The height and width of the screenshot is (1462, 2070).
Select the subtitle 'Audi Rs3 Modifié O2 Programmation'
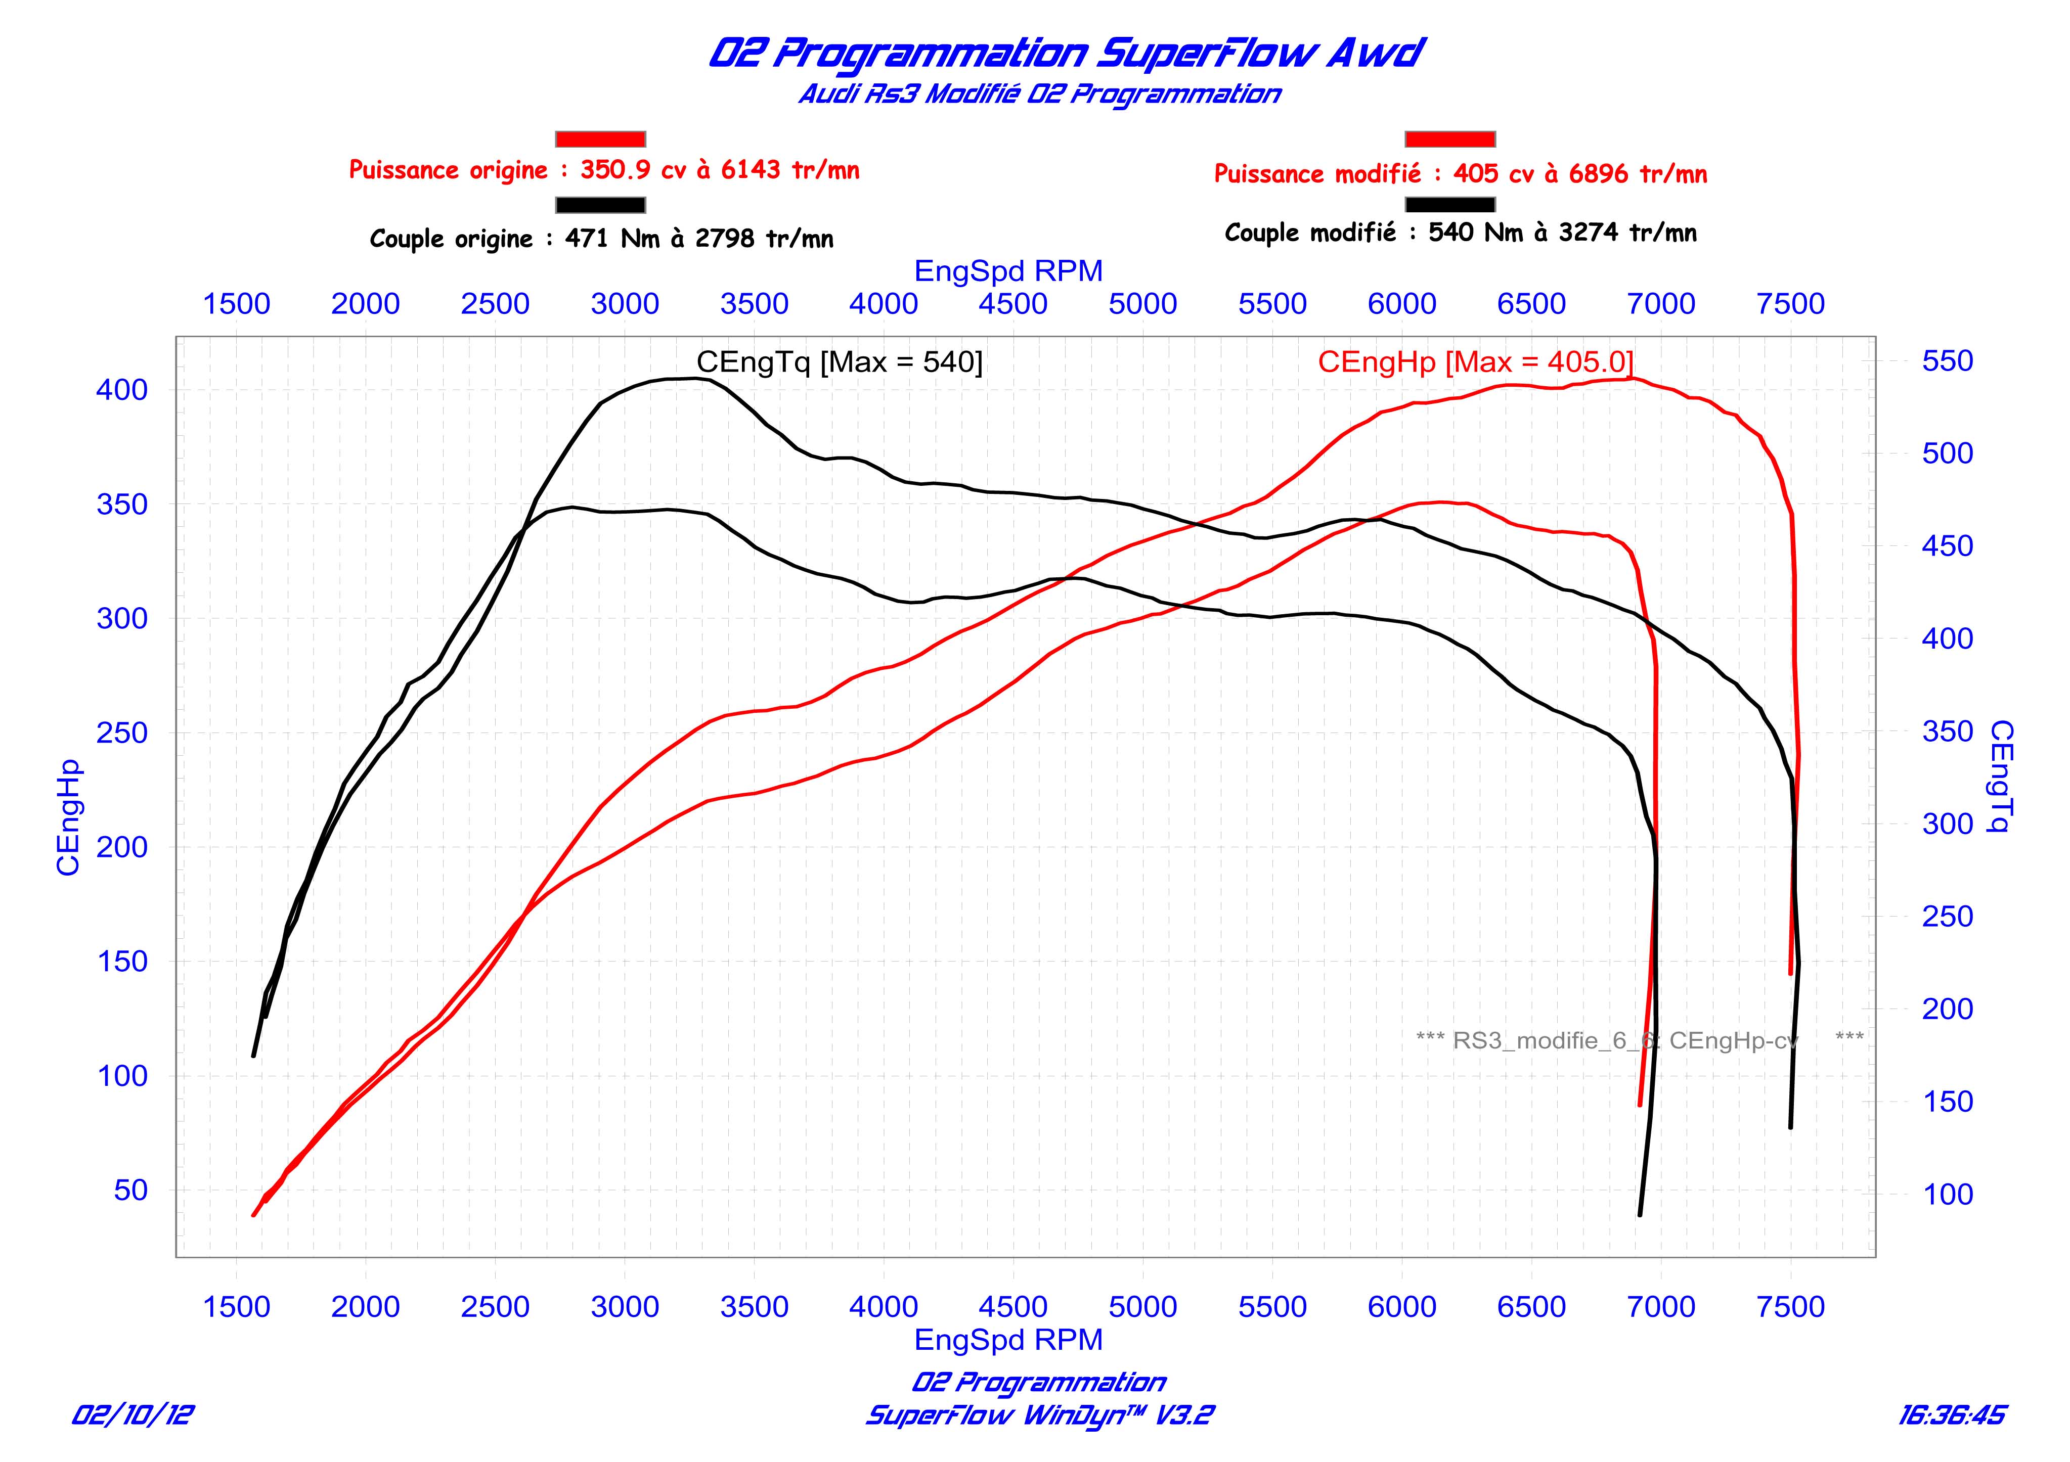[x=1039, y=94]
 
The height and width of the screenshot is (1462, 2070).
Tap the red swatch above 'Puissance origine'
[x=600, y=139]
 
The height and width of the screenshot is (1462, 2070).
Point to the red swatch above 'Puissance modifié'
[x=1450, y=139]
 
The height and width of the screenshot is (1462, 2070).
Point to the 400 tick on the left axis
[x=122, y=390]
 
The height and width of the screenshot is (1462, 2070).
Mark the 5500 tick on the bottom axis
[x=1272, y=1307]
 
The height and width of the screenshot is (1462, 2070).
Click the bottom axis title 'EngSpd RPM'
[x=1008, y=1340]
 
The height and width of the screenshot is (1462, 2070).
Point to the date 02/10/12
[x=133, y=1415]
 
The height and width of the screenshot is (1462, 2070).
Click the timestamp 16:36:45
[x=1952, y=1415]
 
